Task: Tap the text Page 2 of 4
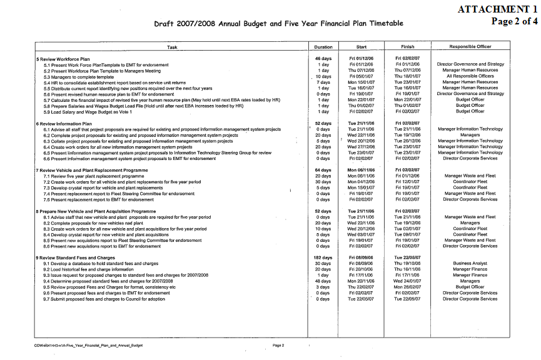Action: coord(515,21)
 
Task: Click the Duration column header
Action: coord(323,47)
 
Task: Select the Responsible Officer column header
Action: coord(470,47)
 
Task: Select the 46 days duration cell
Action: coord(323,59)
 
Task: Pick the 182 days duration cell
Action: coord(322,258)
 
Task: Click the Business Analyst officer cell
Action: coord(470,264)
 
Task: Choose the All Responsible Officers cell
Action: coord(470,76)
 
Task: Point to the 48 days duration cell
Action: coord(323,281)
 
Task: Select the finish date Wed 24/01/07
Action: coord(407,281)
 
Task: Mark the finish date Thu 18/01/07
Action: coord(407,76)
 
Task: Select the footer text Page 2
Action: coord(278,345)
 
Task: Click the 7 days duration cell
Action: coord(323,82)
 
